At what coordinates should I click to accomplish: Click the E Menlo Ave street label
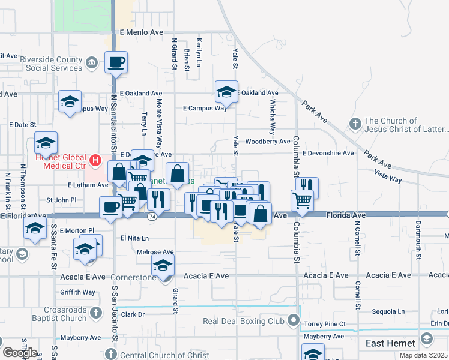click(141, 32)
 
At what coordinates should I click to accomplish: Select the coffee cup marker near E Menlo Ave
click(116, 61)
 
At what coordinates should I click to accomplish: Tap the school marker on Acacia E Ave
click(163, 265)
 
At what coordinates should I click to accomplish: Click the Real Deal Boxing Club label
click(243, 321)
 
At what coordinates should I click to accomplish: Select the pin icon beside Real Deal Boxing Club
click(293, 321)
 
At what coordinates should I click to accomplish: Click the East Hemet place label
click(390, 343)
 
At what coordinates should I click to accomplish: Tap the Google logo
click(20, 353)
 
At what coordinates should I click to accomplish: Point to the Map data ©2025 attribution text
click(424, 355)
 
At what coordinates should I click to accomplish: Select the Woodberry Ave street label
click(268, 142)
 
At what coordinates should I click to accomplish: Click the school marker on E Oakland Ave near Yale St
click(226, 92)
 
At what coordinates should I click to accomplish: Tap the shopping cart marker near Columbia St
click(302, 200)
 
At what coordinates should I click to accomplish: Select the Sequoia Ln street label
click(388, 311)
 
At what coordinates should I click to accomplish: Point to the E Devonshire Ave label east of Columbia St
click(328, 153)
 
